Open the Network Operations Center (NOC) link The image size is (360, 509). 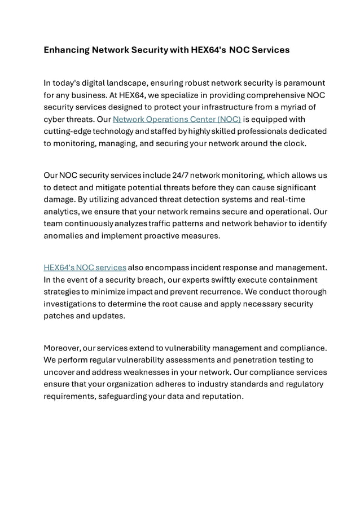click(x=177, y=119)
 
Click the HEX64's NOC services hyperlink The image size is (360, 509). click(x=85, y=267)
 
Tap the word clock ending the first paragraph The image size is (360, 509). click(x=293, y=143)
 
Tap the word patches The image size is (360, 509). click(x=59, y=316)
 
